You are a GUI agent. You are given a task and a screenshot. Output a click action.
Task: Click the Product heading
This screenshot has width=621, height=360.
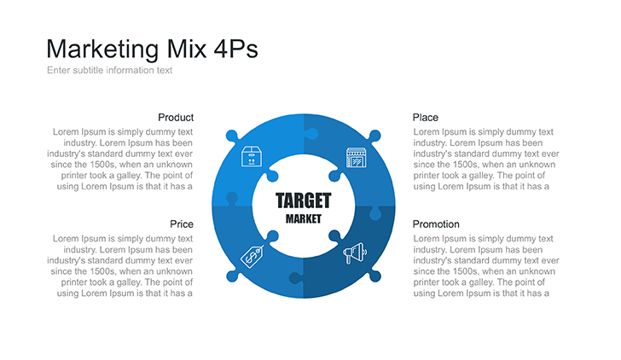click(176, 117)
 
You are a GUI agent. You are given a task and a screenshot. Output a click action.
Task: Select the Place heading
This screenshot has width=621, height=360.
click(426, 117)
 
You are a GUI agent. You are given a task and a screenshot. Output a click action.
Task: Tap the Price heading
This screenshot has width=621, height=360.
click(181, 224)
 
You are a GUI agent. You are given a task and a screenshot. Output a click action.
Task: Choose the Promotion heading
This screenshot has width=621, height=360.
click(436, 224)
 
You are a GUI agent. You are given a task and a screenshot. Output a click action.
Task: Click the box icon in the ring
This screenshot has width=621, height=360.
click(251, 157)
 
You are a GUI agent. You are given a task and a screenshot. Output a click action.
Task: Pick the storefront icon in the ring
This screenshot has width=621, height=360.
click(356, 157)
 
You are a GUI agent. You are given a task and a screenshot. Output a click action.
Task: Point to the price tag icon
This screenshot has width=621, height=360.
click(252, 254)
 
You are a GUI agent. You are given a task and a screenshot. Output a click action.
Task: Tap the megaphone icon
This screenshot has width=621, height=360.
click(355, 253)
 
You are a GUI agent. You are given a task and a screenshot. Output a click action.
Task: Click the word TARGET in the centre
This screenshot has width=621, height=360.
click(303, 201)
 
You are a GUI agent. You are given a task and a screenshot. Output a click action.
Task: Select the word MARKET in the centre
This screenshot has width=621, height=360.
click(303, 219)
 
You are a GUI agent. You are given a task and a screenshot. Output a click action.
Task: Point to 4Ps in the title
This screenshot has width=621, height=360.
click(232, 49)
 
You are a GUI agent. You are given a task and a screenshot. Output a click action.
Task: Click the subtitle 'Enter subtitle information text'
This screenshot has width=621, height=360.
click(109, 70)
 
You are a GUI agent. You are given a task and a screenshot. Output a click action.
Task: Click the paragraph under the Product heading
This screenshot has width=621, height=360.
click(122, 159)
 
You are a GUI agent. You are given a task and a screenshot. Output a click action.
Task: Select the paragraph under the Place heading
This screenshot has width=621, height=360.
click(485, 159)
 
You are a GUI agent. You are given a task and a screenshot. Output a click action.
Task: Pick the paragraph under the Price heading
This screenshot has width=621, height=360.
click(122, 265)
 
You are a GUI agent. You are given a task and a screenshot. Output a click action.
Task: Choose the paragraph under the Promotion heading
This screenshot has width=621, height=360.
click(485, 265)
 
